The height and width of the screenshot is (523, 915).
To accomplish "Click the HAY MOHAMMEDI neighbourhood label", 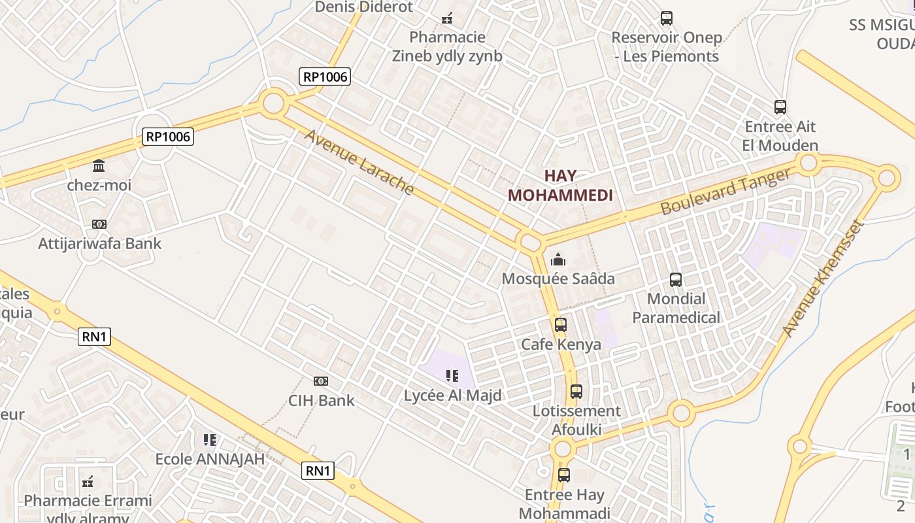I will [x=560, y=185].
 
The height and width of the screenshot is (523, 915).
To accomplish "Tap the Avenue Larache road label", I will [x=359, y=162].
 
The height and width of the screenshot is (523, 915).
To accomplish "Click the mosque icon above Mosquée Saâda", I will [x=557, y=260].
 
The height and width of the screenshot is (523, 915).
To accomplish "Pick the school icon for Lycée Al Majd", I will [x=452, y=376].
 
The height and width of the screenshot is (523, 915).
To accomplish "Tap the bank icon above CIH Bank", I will [x=321, y=380].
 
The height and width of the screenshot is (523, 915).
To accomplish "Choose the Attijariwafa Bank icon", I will [x=99, y=224].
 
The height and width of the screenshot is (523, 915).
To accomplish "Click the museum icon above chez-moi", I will [x=99, y=165].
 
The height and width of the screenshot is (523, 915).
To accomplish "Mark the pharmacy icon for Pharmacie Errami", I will [x=88, y=482].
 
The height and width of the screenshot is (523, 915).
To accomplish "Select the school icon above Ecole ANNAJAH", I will [x=209, y=440].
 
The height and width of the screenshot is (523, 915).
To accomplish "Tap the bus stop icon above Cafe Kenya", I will [x=560, y=325].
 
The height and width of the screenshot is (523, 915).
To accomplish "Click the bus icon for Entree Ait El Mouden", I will [x=780, y=107].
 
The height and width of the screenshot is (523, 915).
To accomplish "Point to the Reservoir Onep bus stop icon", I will [x=667, y=18].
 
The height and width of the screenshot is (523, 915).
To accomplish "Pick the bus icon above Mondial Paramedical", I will [x=676, y=280].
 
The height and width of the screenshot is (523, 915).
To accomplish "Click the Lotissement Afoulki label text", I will [x=576, y=420].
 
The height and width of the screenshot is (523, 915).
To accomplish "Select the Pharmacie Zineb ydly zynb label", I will [x=447, y=46].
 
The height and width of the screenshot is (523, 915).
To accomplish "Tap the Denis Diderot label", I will [x=364, y=7].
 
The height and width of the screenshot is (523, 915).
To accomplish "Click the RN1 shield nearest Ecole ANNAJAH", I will [x=318, y=470].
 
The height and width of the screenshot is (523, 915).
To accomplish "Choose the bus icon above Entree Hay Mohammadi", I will [x=564, y=475].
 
